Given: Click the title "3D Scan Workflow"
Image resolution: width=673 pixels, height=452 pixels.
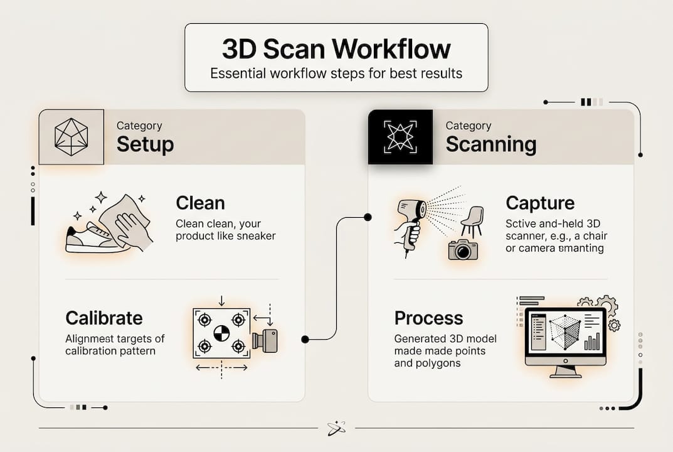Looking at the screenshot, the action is click(336, 48).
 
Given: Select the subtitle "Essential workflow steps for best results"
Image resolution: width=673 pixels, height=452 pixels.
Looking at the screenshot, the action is click(336, 73).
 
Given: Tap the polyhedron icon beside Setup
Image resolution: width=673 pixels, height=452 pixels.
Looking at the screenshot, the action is click(72, 137).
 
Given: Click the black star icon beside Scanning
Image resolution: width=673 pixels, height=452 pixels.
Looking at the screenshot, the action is click(400, 137).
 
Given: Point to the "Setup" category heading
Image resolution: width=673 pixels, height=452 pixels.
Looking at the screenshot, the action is click(145, 144).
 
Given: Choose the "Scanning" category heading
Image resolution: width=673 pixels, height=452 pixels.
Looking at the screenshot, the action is click(491, 144).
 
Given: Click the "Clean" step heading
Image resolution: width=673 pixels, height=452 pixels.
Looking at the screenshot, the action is click(200, 203).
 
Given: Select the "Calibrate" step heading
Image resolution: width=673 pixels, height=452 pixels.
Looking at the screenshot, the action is click(104, 318).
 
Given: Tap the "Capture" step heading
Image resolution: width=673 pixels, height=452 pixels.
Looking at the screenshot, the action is click(540, 203).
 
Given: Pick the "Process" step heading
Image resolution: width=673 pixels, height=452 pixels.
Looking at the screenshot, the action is click(429, 318).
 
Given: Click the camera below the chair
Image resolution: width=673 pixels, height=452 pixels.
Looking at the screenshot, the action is click(463, 250).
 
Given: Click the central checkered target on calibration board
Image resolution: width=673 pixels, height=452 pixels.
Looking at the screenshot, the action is click(221, 333).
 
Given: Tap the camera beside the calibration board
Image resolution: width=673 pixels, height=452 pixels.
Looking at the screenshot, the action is click(265, 341).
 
